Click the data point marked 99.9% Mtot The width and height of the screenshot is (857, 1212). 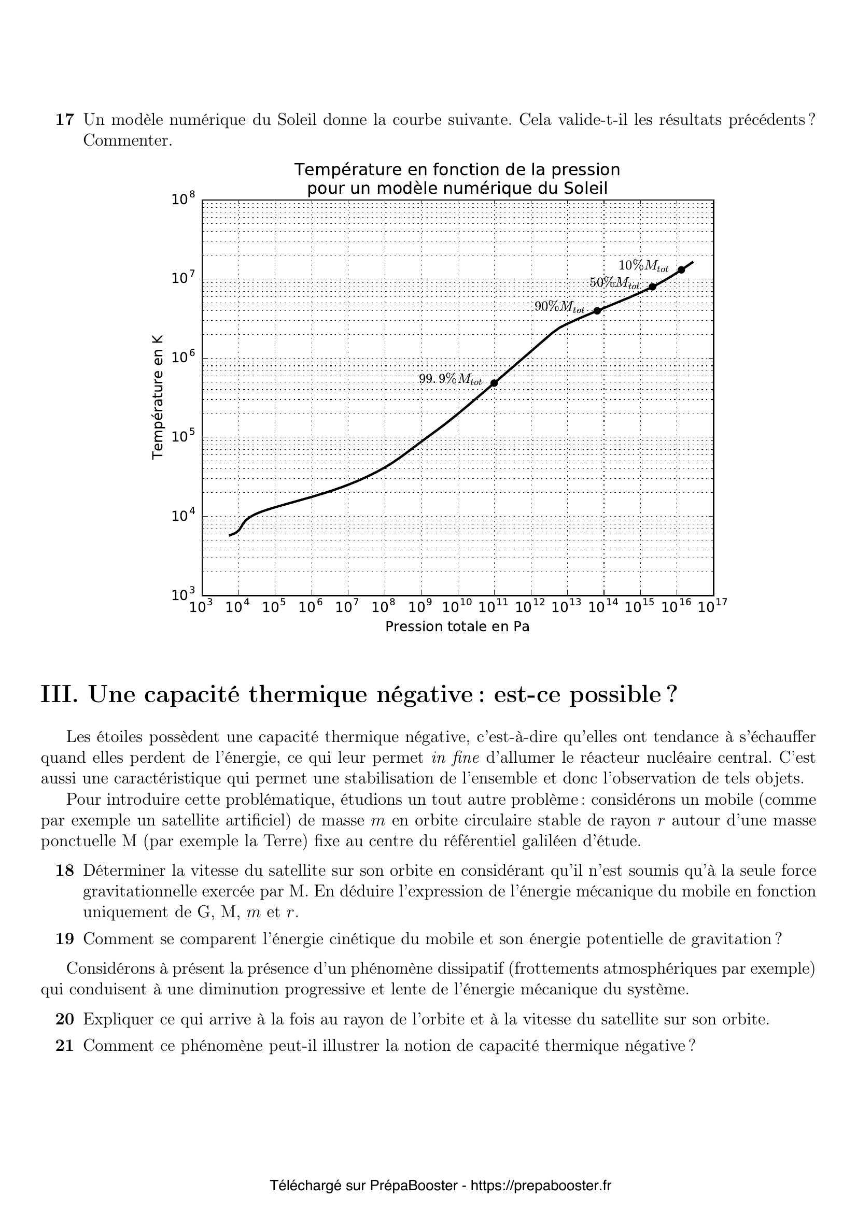[494, 383]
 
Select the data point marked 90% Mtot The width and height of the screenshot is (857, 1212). [597, 311]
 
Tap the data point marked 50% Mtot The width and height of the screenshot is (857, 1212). [653, 287]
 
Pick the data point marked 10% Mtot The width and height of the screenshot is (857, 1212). [682, 270]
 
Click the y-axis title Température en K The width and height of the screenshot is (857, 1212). [158, 397]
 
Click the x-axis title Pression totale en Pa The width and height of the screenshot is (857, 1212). [457, 626]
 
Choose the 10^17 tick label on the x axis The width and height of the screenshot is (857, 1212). [712, 607]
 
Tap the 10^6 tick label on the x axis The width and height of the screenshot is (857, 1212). [311, 607]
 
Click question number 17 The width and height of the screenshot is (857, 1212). [64, 120]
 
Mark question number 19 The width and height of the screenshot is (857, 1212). [64, 939]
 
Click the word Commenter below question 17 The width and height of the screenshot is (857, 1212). [128, 141]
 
